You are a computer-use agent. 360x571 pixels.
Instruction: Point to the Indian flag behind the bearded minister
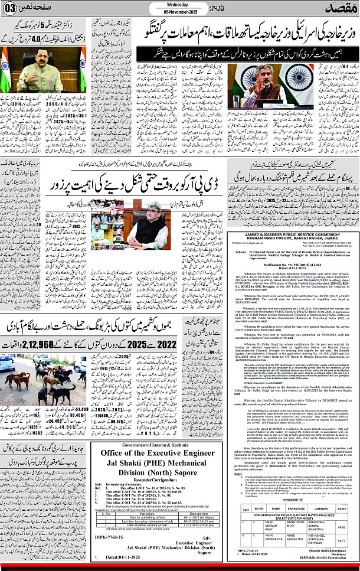[x=243, y=76]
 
